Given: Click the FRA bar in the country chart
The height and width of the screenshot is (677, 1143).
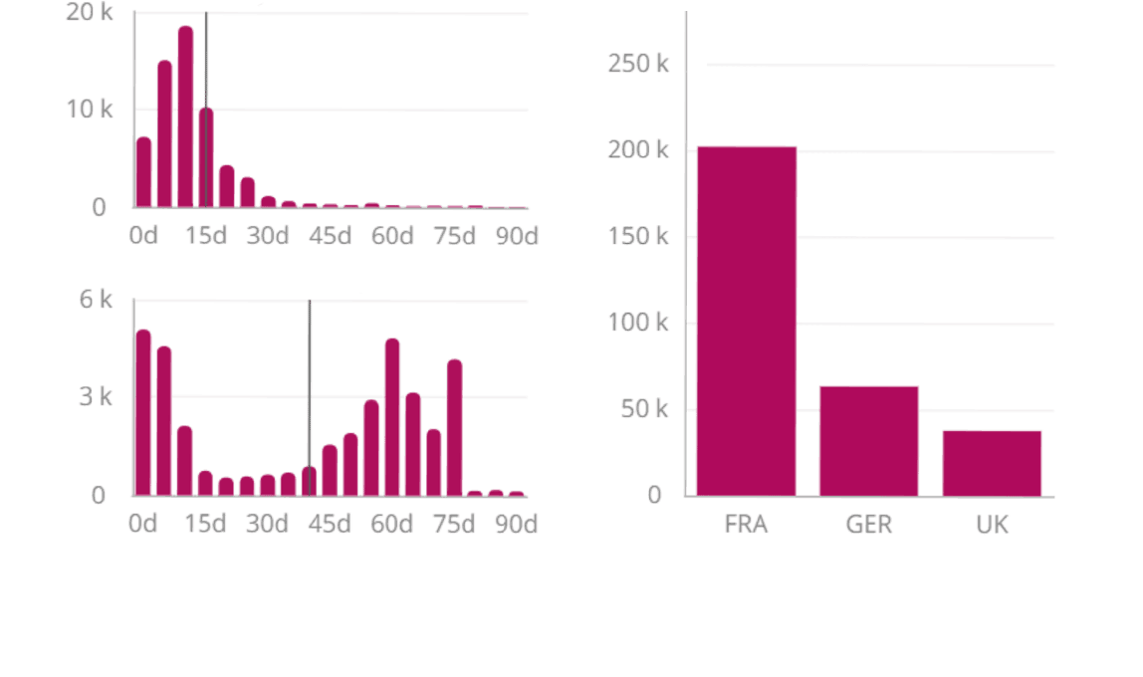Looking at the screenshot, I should tap(746, 321).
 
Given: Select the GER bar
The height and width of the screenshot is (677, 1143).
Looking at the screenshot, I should tap(868, 440).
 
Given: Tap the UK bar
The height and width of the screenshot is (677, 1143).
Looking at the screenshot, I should tap(992, 463).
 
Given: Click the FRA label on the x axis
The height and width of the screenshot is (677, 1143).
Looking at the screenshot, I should tap(746, 524).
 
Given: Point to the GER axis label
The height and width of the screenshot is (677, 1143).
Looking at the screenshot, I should tap(868, 524).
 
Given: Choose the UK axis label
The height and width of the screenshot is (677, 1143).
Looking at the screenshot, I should tap(992, 524).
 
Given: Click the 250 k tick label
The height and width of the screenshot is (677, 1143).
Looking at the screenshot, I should tap(638, 64).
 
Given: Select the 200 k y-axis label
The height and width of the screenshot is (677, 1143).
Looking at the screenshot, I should tap(638, 150).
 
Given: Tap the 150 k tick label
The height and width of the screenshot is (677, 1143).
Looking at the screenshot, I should tap(638, 237).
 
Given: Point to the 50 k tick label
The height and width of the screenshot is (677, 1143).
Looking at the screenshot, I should tap(644, 409).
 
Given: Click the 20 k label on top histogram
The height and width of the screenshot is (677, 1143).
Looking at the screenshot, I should tap(90, 12).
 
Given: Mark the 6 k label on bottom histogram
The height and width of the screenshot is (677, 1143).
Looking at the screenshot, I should tap(96, 300).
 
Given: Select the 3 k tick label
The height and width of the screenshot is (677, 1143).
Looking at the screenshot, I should tap(96, 397).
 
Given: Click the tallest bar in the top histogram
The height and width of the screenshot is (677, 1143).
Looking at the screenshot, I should tap(185, 117).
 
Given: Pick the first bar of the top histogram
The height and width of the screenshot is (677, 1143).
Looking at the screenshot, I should tap(143, 172).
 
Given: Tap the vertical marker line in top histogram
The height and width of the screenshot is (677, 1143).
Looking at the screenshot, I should tap(206, 60).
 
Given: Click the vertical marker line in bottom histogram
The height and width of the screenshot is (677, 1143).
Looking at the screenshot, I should tap(310, 378).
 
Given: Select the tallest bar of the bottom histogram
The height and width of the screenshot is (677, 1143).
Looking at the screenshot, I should tap(143, 412).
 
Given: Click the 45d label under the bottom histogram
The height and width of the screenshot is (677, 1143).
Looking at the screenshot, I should tap(330, 524).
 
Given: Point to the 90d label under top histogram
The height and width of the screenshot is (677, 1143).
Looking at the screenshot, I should tap(517, 236).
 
